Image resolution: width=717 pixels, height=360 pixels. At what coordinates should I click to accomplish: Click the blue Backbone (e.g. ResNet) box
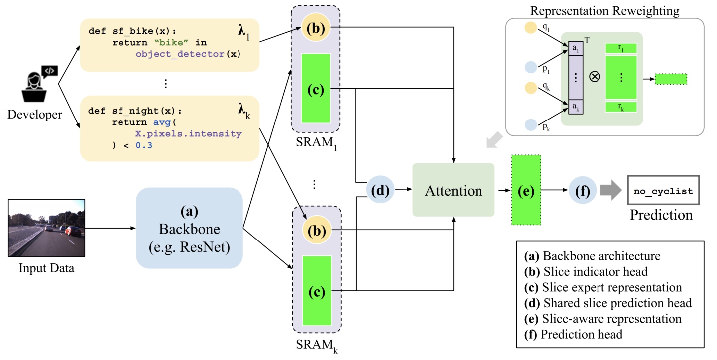coord(189,228)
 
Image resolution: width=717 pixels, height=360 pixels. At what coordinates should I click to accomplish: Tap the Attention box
coord(453,190)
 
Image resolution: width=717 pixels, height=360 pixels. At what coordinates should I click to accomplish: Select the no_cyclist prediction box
coord(663,190)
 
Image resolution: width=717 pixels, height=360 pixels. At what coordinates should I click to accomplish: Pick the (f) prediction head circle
coord(582,190)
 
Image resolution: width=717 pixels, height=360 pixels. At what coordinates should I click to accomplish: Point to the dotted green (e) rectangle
coord(526,190)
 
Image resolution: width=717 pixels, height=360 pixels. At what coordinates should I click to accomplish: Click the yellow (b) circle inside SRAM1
coord(316,27)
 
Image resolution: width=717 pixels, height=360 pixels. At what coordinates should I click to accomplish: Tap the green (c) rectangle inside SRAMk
coord(317,291)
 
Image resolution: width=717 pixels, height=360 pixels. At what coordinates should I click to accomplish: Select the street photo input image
coord(47,228)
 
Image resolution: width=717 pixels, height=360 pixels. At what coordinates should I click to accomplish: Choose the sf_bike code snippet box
coord(170,45)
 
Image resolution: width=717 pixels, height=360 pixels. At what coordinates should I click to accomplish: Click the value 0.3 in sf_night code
coord(144,145)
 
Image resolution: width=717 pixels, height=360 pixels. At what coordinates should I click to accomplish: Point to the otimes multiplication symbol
coord(595,77)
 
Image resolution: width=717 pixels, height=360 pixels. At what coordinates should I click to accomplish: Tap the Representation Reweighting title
coord(604,10)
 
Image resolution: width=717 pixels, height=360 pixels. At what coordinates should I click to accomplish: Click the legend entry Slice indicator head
coord(586,272)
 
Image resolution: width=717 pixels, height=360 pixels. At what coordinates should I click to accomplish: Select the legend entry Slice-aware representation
coord(602,319)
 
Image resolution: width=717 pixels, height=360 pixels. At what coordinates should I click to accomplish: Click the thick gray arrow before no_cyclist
coord(611,190)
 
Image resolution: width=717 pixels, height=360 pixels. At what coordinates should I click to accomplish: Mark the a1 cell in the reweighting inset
coord(576,48)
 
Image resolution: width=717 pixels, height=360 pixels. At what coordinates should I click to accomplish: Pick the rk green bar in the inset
coord(621,107)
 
